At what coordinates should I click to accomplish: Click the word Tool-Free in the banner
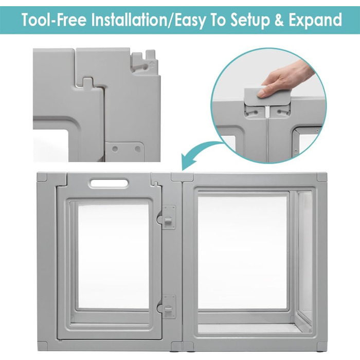[54, 20]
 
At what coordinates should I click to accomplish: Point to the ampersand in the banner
[279, 20]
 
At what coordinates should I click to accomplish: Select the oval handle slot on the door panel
[109, 184]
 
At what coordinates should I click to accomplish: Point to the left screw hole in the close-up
[116, 149]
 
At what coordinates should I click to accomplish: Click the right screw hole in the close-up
[137, 149]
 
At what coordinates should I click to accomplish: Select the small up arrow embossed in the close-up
[152, 63]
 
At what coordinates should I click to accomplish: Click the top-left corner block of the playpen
[42, 177]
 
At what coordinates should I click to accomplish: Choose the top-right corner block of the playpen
[322, 177]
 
